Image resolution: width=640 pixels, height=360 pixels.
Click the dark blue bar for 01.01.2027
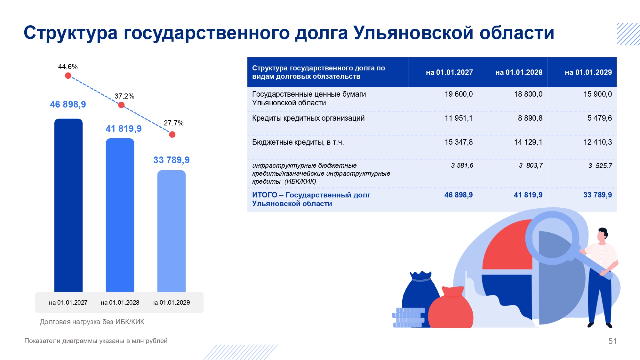(x=68, y=205)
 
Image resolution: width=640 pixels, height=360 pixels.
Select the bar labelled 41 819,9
(x=120, y=214)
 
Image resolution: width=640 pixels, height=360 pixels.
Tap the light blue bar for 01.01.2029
(x=172, y=230)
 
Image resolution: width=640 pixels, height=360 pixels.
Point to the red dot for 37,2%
(x=121, y=105)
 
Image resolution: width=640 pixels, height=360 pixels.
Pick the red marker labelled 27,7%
(x=172, y=134)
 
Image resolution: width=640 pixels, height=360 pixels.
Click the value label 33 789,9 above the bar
(x=172, y=160)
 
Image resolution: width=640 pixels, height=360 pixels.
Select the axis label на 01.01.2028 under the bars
(x=120, y=303)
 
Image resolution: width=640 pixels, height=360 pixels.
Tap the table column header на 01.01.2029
(x=588, y=72)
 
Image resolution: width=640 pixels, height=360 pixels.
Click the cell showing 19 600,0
(x=458, y=94)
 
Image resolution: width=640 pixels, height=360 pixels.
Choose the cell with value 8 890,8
(x=530, y=118)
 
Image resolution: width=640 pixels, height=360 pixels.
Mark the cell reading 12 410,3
(x=597, y=142)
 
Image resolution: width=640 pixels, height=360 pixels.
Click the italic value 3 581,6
(x=462, y=165)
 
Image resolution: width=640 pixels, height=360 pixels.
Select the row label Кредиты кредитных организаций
(x=308, y=118)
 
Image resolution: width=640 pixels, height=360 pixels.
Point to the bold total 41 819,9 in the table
(x=528, y=195)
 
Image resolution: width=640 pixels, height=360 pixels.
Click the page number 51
(x=612, y=341)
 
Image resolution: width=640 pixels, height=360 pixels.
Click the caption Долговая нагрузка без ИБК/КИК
(x=92, y=322)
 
